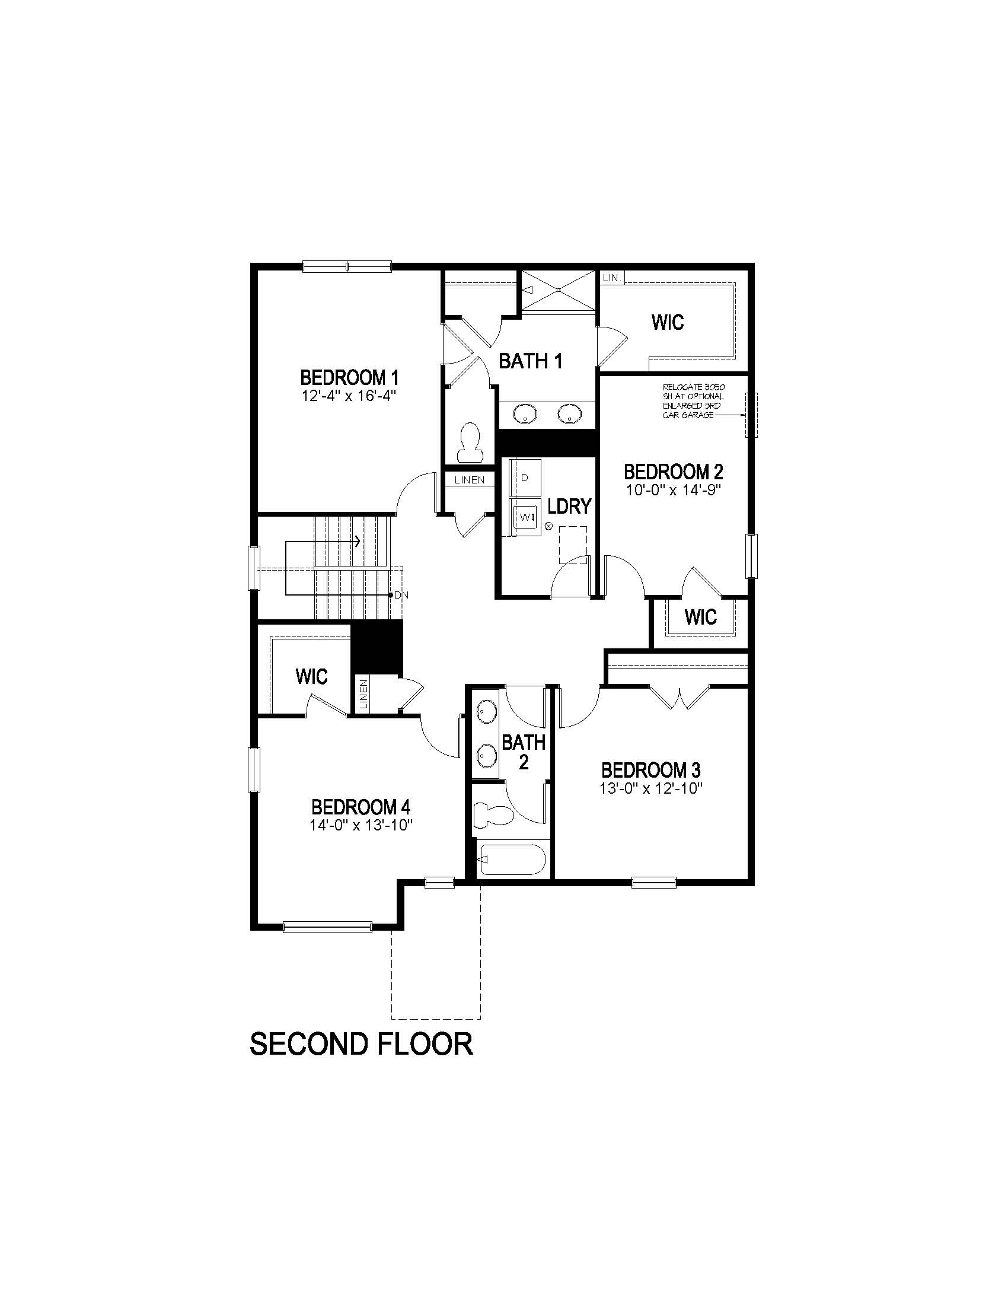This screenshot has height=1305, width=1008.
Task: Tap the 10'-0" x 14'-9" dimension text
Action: pos(674,491)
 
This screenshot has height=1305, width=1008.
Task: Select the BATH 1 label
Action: pos(530,361)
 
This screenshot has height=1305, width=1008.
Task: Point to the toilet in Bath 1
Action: pos(470,443)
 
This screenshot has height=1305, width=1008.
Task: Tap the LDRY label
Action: pos(569,506)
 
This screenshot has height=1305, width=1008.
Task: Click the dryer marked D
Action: pos(525,478)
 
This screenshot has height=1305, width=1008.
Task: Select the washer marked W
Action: pos(525,515)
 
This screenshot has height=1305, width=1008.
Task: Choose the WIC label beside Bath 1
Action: pos(668,323)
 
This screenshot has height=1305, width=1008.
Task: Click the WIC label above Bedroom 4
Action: pos(311,676)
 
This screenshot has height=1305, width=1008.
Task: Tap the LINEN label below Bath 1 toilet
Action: pos(470,480)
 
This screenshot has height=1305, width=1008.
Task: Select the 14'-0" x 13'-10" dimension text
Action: pos(361,825)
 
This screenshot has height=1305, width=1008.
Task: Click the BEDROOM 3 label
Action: pos(650,769)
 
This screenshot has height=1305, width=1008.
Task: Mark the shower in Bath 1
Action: pos(559,291)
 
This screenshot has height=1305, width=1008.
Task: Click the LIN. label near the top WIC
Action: pos(612,278)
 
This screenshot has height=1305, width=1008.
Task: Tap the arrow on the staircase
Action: pos(356,542)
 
